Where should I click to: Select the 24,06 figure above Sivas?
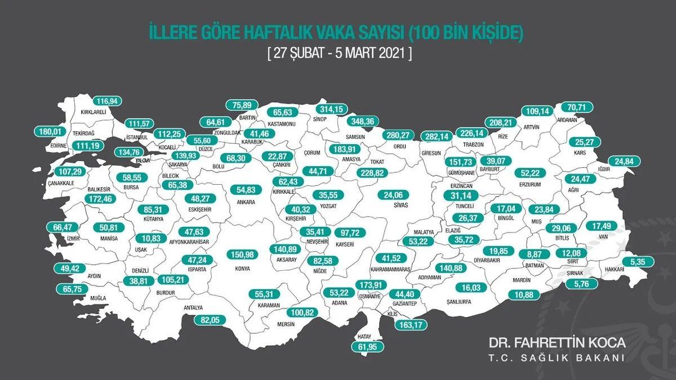pyautogui.click(x=394, y=196)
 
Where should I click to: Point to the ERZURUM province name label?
pyautogui.click(x=531, y=184)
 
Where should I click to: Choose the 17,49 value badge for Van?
pyautogui.click(x=602, y=226)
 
